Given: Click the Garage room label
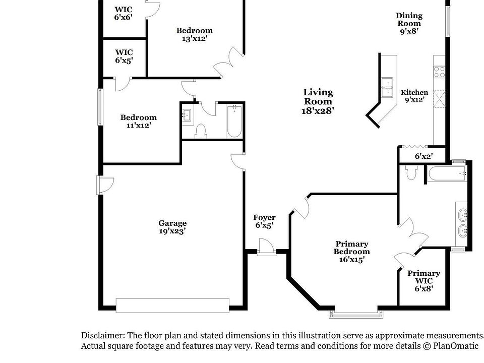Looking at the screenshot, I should tap(172, 227).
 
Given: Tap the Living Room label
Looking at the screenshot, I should tap(318, 101).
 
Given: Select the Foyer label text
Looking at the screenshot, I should tap(264, 221).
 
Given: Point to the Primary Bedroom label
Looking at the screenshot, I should tap(351, 252).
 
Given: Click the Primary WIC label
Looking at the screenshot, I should tap(423, 281).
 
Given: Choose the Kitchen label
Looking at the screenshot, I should tap(414, 96).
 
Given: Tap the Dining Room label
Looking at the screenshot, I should tap(409, 23).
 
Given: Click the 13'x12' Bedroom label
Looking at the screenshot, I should tap(194, 34).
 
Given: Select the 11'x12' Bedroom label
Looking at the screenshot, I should tap(138, 122).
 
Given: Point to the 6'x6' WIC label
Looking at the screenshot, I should tap(124, 13).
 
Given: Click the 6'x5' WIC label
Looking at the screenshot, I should tap(124, 55).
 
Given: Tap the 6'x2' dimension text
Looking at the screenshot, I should tap(423, 156).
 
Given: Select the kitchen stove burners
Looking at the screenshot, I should tap(439, 72).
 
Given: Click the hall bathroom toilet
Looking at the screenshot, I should tap(201, 131).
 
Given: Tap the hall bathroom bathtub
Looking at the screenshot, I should tap(234, 121).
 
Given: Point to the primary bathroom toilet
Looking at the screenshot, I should tap(410, 173).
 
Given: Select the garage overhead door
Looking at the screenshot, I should tap(172, 305).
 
